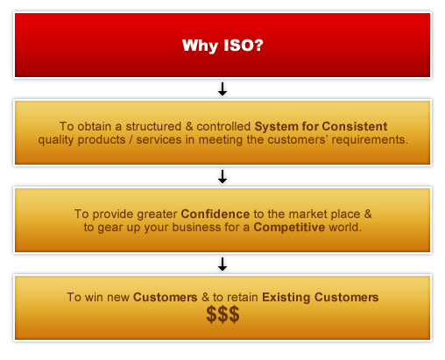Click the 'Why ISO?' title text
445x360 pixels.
coord(222,46)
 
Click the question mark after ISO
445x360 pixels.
coord(258,45)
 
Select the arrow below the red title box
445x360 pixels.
coord(222,89)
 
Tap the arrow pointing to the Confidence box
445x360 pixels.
coord(222,177)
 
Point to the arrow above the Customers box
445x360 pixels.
coord(222,265)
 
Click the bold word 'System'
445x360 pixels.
coord(276,127)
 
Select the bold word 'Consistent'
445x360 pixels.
coord(355,126)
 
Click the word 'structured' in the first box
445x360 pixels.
coord(153,126)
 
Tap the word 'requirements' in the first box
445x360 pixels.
coord(368,140)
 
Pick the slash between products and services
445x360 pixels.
coord(131,140)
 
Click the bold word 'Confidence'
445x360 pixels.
coord(215,214)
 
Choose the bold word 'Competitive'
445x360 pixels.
coord(289,228)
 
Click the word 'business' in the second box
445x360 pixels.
coord(196,227)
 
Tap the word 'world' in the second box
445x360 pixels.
coord(344,227)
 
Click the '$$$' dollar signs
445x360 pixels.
coord(222,314)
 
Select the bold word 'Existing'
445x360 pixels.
coord(286,298)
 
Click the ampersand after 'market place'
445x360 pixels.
coord(368,214)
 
